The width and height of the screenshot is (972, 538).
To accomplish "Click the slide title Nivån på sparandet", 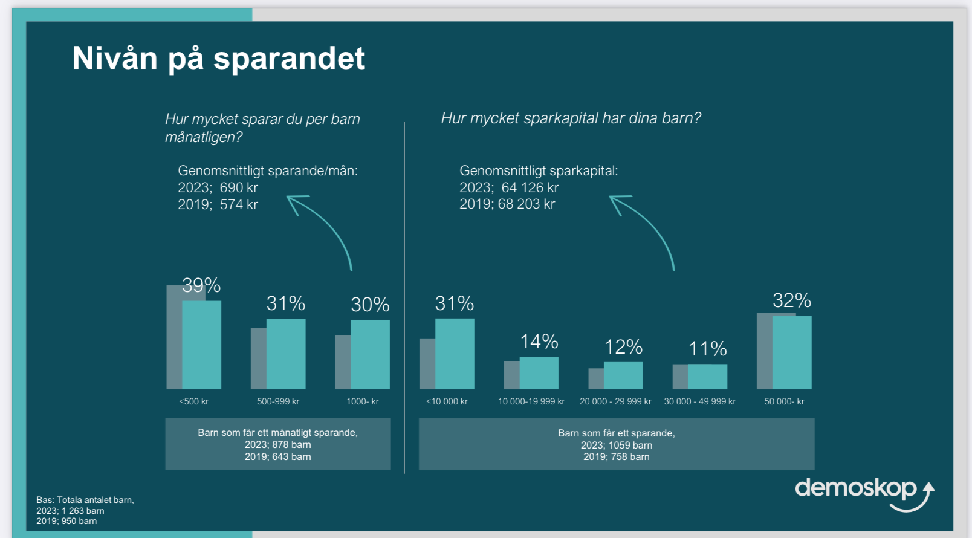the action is [x=219, y=59].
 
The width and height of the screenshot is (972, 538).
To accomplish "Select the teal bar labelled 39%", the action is [x=202, y=345].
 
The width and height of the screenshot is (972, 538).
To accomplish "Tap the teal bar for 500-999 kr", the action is [x=286, y=354].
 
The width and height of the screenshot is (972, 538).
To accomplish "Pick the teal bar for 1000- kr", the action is [x=370, y=354].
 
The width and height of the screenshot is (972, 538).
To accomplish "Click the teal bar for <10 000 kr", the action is [x=455, y=354].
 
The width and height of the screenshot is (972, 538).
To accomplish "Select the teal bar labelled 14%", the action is [x=539, y=373].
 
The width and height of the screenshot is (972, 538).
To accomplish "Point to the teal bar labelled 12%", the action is [x=624, y=376].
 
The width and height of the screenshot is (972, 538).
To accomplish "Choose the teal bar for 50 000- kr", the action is [x=792, y=353].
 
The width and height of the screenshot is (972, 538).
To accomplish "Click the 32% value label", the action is [x=792, y=300].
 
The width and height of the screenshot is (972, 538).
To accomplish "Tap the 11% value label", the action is [x=708, y=349].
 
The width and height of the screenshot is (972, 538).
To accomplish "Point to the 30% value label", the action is [x=370, y=305].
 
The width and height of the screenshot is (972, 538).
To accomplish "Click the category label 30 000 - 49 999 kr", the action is [x=700, y=401].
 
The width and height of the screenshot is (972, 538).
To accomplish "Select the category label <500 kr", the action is [x=194, y=401].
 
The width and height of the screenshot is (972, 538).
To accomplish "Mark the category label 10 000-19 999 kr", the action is [x=531, y=401].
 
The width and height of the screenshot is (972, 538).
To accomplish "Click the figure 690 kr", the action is [x=239, y=187].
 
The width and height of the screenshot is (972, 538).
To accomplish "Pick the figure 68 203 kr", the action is [x=526, y=204].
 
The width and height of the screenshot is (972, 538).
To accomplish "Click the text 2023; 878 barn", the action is [x=277, y=445].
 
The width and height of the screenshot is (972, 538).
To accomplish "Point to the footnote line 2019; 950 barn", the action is [x=66, y=521].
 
